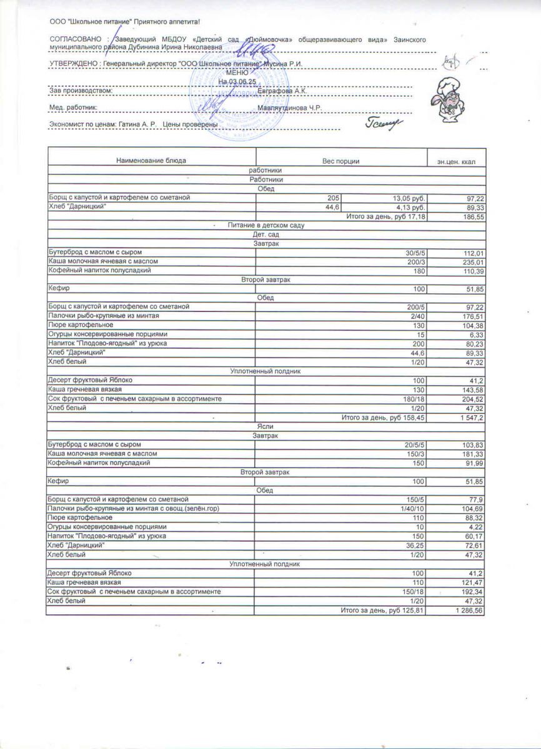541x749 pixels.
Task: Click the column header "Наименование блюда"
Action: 151,161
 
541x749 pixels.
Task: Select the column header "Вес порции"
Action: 340,161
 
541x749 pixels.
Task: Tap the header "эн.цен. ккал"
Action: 457,162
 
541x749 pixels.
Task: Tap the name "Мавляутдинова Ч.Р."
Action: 289,107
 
